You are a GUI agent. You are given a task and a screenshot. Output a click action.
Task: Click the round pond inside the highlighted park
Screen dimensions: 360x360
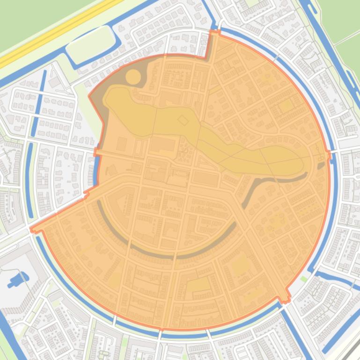(133, 77)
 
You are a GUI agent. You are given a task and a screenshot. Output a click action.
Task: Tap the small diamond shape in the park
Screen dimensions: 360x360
(183, 121)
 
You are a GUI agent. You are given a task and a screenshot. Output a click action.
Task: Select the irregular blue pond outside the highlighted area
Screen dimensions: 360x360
(17, 280)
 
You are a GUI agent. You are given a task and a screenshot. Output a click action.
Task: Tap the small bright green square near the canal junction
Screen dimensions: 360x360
(305, 279)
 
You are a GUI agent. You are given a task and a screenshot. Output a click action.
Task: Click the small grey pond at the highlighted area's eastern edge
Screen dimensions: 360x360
(321, 165)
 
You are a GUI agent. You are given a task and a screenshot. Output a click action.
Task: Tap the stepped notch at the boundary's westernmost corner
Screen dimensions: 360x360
(33, 229)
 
